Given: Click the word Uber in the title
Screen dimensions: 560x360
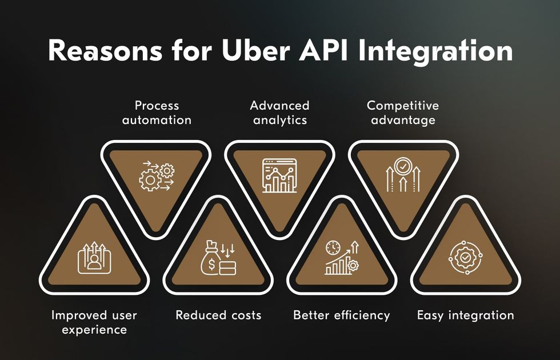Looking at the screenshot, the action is click(x=256, y=50).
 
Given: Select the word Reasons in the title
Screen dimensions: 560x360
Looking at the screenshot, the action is click(x=105, y=51).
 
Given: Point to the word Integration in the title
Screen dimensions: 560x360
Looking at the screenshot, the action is click(x=435, y=53).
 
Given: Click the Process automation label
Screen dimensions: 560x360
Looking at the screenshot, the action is click(x=157, y=113).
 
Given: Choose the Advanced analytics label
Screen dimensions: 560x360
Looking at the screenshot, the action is click(x=279, y=113).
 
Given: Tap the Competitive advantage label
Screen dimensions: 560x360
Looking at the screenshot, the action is click(x=403, y=113).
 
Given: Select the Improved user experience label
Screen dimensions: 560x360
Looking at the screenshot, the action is click(x=94, y=322).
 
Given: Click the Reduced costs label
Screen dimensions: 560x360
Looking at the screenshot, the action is click(x=218, y=315).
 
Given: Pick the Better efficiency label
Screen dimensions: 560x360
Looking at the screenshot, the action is click(x=342, y=315).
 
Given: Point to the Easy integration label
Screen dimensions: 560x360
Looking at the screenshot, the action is click(x=465, y=315).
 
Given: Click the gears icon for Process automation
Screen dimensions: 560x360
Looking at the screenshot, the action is click(x=157, y=176).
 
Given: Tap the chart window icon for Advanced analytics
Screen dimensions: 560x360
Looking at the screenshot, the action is click(x=279, y=175).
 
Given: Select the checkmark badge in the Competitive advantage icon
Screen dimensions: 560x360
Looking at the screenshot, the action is click(x=403, y=166).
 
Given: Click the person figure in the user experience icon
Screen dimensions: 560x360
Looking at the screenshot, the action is click(x=94, y=261).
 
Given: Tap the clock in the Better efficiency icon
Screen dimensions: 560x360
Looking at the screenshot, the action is click(x=333, y=247).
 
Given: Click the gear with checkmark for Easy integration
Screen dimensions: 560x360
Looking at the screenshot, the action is click(x=465, y=257).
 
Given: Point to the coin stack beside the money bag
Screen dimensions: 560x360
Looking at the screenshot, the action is click(x=227, y=268).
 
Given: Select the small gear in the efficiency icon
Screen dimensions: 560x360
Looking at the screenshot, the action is click(x=353, y=265).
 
